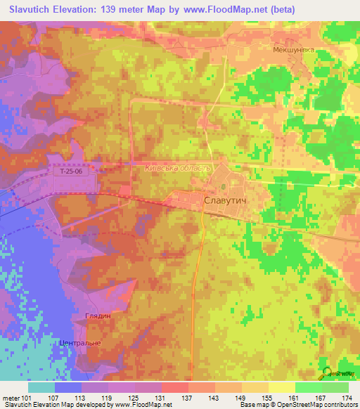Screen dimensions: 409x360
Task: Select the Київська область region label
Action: [x=177, y=169]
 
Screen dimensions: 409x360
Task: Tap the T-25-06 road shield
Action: [x=67, y=171]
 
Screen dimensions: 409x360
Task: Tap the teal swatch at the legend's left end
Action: [x=41, y=387]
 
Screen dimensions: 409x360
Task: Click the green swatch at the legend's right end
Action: [x=335, y=387]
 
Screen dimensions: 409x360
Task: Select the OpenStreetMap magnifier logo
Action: [x=328, y=373]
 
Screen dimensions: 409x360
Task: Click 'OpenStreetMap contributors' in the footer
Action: [x=319, y=404]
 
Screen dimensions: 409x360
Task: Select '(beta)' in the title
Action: [x=281, y=9]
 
